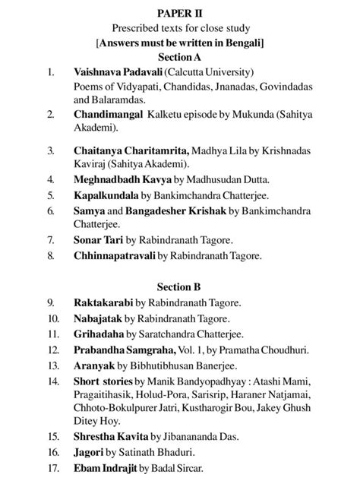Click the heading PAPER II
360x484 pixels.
[x=179, y=14]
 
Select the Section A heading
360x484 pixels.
[x=179, y=57]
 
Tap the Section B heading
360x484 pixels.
[x=179, y=286]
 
